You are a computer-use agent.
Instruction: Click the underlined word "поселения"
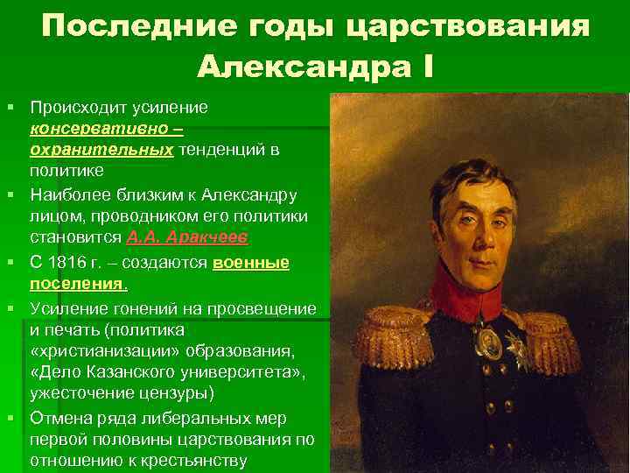tap(77, 284)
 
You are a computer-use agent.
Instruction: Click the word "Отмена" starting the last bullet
tap(62, 417)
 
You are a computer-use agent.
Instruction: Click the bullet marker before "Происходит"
tap(11, 107)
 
